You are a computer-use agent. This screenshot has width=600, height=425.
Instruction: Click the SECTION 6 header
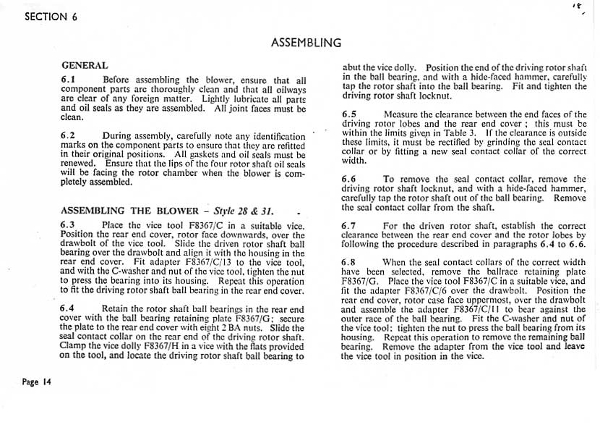tap(51, 18)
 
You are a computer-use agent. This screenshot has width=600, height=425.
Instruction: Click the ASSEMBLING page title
tap(306, 43)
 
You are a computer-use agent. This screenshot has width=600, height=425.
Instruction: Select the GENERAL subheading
tap(85, 65)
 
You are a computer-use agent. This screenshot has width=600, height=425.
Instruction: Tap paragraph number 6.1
tap(69, 80)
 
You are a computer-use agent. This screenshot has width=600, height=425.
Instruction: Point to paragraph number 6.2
tap(69, 135)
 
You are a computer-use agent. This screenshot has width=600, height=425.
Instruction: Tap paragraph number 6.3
tap(69, 225)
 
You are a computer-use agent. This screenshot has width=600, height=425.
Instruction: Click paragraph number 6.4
tap(69, 309)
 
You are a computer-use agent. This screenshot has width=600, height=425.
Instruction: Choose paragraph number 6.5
tap(350, 114)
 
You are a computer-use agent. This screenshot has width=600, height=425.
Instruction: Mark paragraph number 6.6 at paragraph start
tap(350, 179)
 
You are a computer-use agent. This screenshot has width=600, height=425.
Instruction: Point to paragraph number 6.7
tap(350, 226)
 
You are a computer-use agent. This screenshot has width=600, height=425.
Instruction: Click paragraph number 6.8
tap(350, 262)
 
